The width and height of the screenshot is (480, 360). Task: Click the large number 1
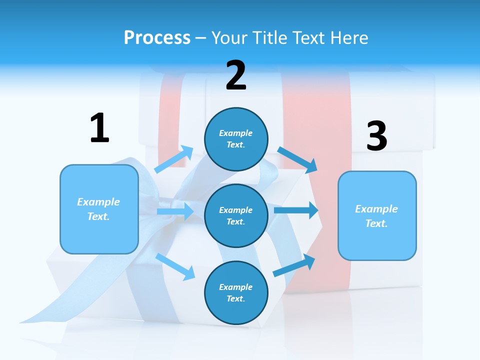99,128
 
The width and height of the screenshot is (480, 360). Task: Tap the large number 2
236,76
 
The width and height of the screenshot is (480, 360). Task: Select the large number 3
377,136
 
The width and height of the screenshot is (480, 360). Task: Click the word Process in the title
157,37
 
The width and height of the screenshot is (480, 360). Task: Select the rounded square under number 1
99,209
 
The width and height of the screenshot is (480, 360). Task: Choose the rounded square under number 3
377,215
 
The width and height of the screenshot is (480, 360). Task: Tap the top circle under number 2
236,139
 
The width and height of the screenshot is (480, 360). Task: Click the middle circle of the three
236,215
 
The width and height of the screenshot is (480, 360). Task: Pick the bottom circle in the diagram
236,292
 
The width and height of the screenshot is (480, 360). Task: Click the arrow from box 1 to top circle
174,159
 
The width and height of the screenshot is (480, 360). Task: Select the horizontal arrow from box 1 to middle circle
175,211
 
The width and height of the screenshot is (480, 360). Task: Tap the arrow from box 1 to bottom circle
175,266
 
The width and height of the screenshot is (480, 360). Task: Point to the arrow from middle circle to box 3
296,210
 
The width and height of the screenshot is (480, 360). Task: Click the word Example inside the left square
98,202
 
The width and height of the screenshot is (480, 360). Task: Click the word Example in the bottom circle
236,287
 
